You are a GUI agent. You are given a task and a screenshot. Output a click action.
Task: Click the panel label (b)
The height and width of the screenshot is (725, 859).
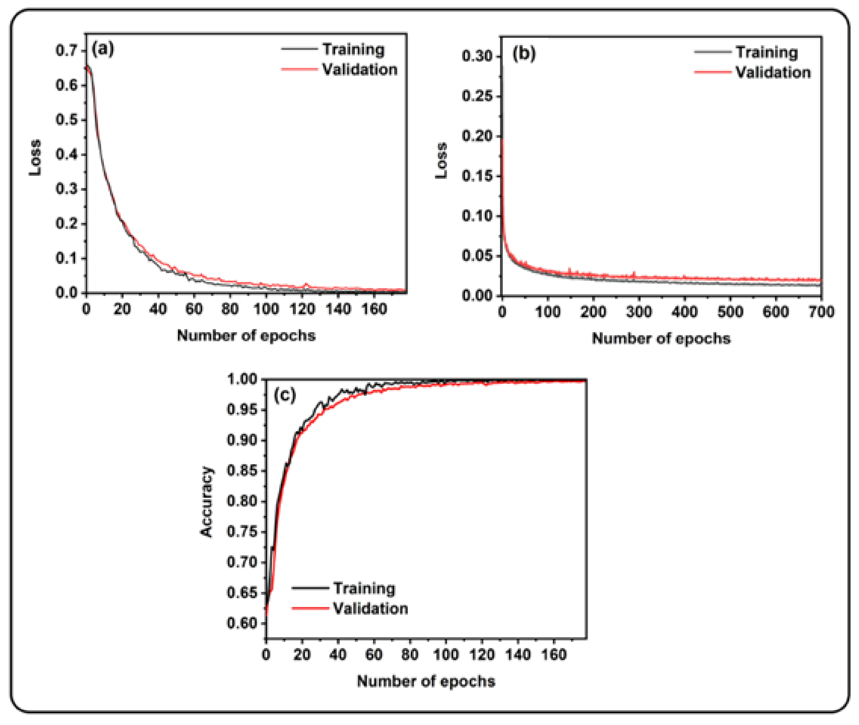(x=524, y=53)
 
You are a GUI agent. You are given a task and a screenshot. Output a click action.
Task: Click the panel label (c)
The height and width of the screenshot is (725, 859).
(x=284, y=395)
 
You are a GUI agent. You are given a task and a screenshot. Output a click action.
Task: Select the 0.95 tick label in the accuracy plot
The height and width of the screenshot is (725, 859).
(x=242, y=409)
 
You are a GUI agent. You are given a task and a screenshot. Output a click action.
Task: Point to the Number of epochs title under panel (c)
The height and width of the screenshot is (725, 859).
(x=426, y=681)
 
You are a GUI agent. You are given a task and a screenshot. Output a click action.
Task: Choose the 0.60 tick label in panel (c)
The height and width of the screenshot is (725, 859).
(x=242, y=623)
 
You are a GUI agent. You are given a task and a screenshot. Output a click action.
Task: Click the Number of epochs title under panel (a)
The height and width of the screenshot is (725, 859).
(x=246, y=335)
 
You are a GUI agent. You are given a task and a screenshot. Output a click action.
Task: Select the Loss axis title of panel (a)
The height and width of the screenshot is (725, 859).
(x=35, y=158)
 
